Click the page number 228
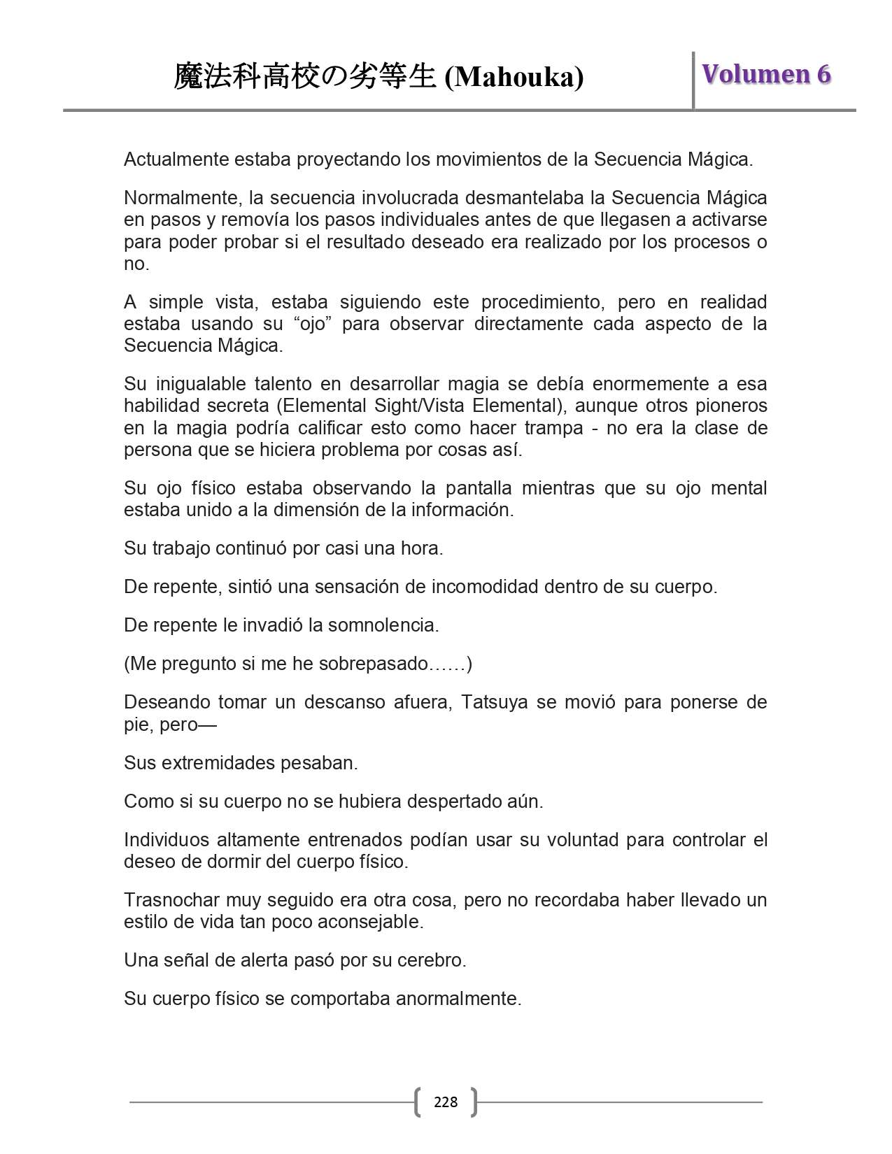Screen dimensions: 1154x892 [x=446, y=1102]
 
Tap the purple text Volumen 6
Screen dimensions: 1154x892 [x=766, y=74]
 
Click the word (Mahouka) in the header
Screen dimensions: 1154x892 [x=514, y=77]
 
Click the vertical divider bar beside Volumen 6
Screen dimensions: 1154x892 [x=693, y=80]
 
